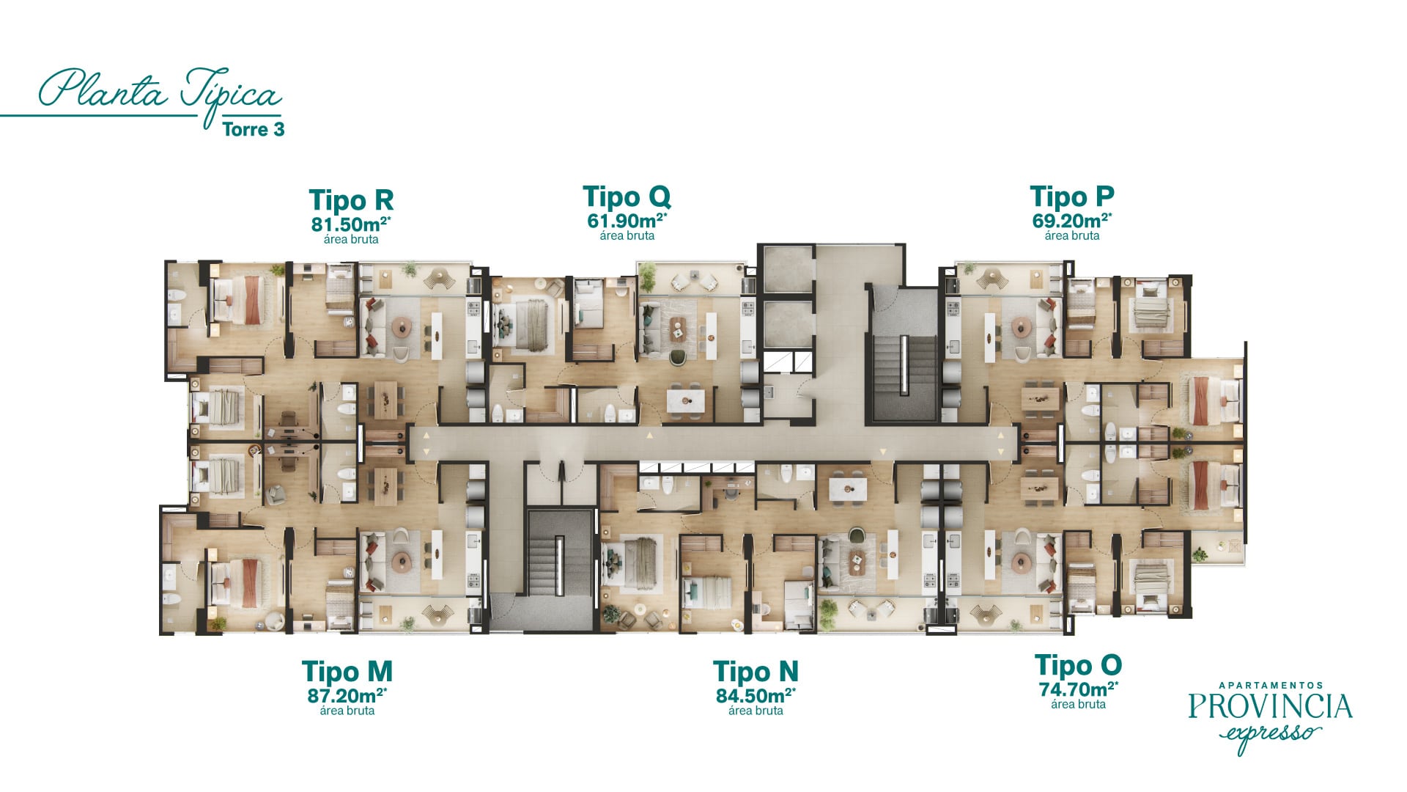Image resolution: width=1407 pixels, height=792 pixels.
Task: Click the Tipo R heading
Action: pyautogui.click(x=351, y=200)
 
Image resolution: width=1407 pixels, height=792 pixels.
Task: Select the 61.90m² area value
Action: pyautogui.click(x=627, y=221)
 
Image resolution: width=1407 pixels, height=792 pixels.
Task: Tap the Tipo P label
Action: pyautogui.click(x=1072, y=197)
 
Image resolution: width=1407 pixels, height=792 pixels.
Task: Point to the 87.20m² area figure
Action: pyautogui.click(x=347, y=695)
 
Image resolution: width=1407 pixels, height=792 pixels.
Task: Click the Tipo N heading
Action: pyautogui.click(x=756, y=672)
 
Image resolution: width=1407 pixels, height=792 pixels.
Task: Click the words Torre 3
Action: pyautogui.click(x=254, y=130)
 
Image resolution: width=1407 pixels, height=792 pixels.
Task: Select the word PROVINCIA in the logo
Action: pyautogui.click(x=1270, y=706)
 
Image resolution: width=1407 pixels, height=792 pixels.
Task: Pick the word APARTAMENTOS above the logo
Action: pyautogui.click(x=1271, y=686)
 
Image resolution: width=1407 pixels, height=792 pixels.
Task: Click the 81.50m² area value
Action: pyautogui.click(x=351, y=224)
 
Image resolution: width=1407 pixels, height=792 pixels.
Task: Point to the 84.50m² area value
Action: pyautogui.click(x=756, y=695)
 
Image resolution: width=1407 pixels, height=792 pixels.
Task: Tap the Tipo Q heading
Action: pyautogui.click(x=627, y=197)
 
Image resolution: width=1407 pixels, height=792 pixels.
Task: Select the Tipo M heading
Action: pyautogui.click(x=347, y=672)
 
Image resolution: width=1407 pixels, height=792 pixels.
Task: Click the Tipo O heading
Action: pyautogui.click(x=1078, y=666)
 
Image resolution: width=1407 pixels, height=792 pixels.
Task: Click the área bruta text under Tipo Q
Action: pyautogui.click(x=627, y=236)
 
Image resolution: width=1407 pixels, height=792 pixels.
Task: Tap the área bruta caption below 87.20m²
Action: pyautogui.click(x=347, y=711)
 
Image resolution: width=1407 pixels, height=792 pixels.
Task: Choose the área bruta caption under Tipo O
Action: pyautogui.click(x=1078, y=705)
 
